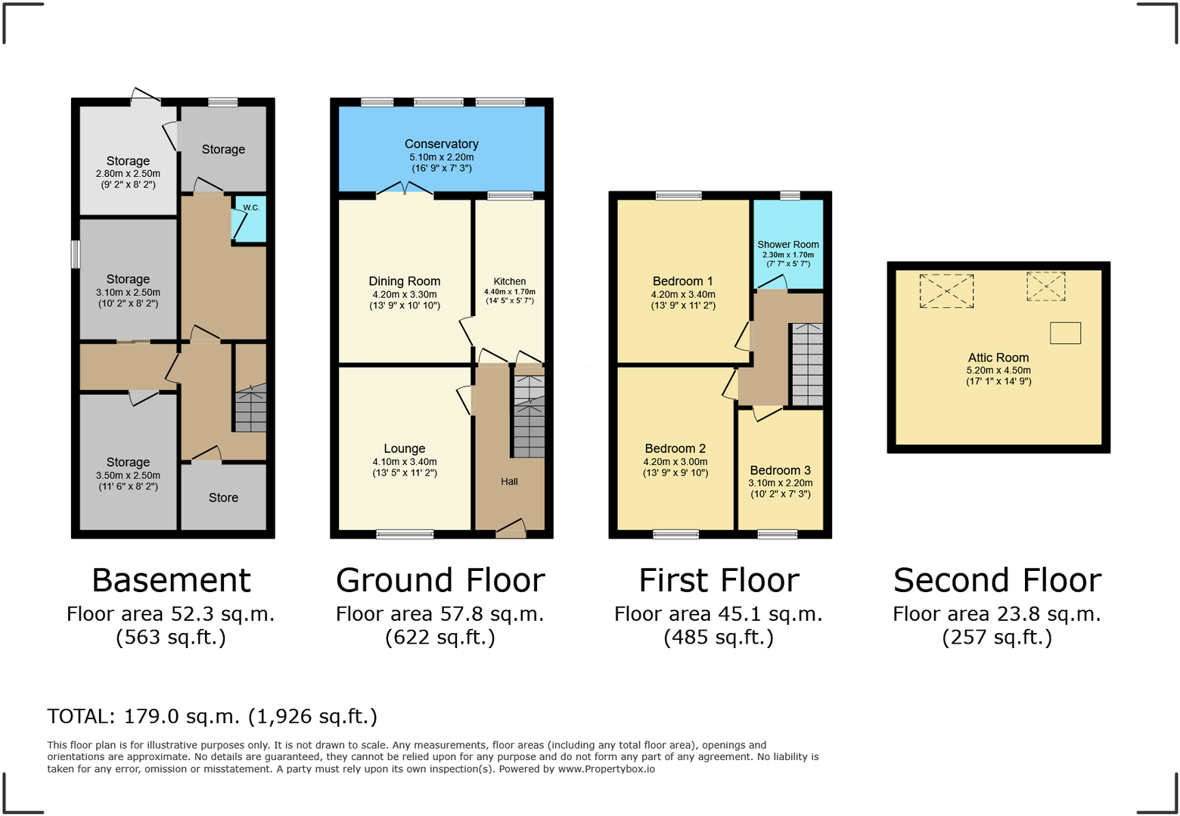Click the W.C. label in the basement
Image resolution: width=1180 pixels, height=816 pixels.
(251, 207)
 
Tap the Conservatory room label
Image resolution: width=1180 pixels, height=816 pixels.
(442, 144)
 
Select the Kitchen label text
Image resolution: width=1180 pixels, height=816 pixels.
(509, 281)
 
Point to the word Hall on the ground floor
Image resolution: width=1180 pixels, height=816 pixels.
(509, 482)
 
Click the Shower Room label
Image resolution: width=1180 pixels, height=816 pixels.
(788, 244)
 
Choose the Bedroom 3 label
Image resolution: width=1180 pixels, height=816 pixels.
(780, 470)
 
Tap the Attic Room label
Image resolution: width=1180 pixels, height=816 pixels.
(998, 358)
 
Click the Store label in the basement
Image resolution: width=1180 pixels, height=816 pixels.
(223, 498)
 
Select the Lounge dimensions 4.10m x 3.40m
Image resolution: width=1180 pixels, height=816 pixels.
(405, 462)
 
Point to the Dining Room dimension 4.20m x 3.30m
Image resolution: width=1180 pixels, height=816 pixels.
(405, 294)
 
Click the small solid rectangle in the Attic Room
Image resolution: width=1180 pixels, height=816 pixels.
(1065, 333)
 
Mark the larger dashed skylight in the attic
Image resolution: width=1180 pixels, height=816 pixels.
(946, 291)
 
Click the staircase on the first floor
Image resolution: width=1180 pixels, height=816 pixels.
(808, 364)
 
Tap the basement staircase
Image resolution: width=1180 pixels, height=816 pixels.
(250, 408)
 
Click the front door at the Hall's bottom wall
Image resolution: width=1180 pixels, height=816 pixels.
(511, 529)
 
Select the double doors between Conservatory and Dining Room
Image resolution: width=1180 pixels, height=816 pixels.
(405, 190)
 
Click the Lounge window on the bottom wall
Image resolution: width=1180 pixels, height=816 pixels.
(405, 535)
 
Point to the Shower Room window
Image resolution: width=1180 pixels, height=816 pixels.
(790, 196)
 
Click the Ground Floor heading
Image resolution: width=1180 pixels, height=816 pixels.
(440, 581)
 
